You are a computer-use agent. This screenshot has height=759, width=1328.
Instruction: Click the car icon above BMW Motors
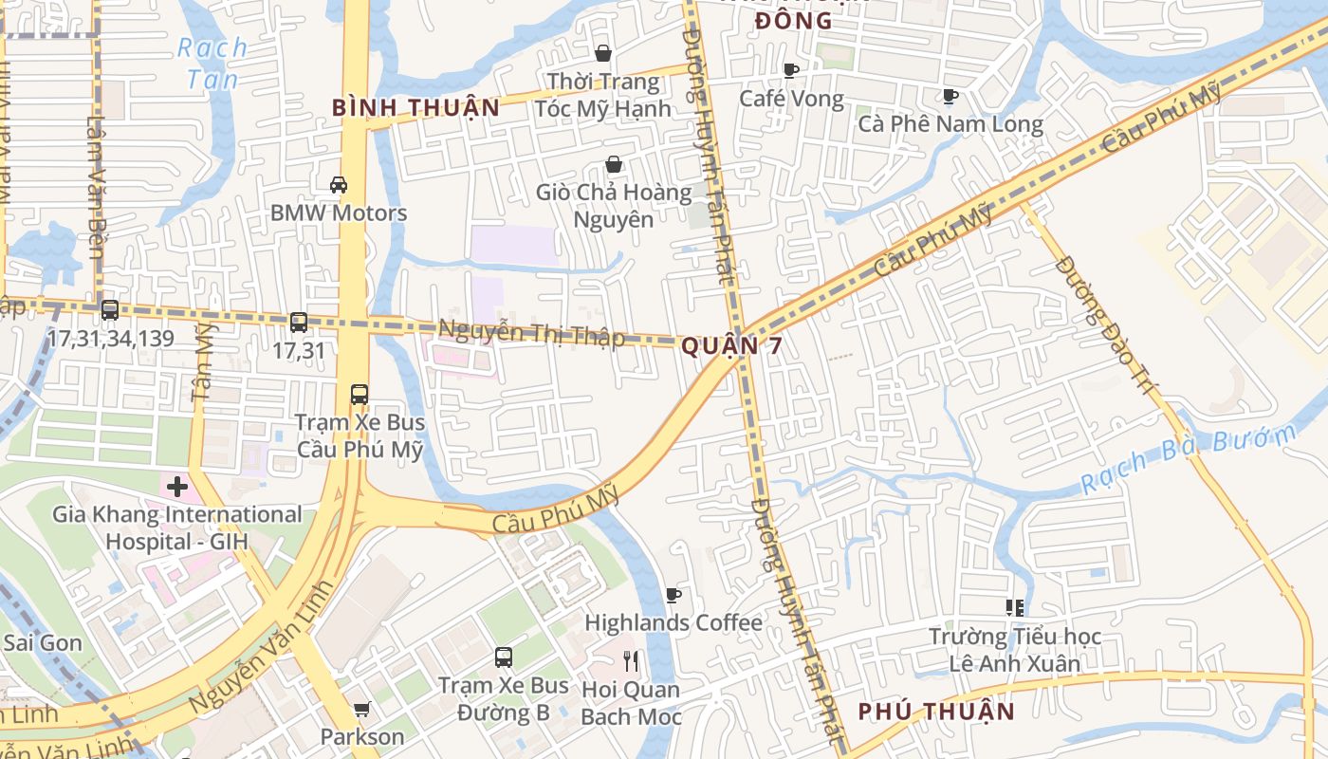click(338, 184)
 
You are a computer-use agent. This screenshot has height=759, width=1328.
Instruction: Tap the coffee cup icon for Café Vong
click(791, 70)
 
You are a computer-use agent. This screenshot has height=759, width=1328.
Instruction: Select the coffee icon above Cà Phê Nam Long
click(950, 96)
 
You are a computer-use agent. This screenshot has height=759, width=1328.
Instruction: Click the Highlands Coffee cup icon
click(673, 595)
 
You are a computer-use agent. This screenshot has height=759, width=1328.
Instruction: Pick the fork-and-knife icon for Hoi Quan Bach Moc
click(631, 661)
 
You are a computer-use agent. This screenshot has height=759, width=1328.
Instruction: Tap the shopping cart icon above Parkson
click(361, 709)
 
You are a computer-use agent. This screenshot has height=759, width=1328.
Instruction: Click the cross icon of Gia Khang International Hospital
click(177, 487)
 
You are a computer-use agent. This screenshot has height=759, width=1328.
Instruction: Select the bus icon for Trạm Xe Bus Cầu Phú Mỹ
click(359, 394)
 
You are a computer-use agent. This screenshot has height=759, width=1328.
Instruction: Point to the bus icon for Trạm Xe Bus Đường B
click(504, 657)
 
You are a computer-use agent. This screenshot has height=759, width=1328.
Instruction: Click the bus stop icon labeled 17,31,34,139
click(110, 309)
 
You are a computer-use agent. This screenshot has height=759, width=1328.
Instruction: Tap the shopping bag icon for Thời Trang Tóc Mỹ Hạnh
click(602, 53)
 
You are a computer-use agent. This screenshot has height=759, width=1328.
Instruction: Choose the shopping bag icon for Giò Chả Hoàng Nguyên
click(614, 164)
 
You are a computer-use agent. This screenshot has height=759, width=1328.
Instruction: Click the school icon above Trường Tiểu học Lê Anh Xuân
click(1015, 607)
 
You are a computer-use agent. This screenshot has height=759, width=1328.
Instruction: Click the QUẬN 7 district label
click(732, 346)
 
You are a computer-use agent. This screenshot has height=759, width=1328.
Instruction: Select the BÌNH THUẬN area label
click(415, 107)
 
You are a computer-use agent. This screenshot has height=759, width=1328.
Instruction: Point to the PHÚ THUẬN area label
click(936, 712)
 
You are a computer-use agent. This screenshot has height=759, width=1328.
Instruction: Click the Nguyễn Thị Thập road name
click(531, 334)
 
